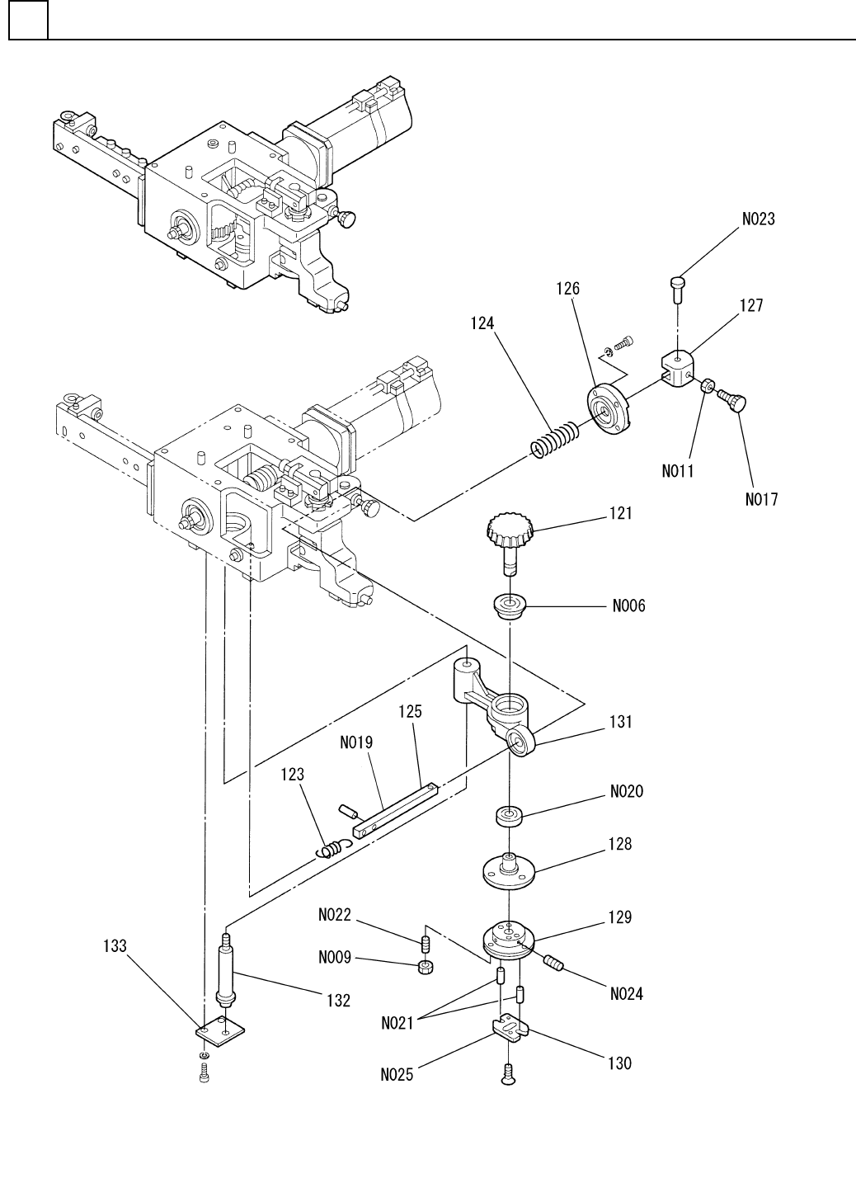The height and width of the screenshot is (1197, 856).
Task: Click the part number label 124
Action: click(482, 324)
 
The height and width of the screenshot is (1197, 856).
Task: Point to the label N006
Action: click(628, 606)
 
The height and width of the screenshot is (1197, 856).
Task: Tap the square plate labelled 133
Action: click(222, 1030)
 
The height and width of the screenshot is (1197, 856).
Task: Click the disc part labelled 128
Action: click(509, 870)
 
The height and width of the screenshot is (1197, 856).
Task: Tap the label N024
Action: click(627, 994)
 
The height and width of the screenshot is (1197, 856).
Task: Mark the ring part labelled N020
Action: click(512, 817)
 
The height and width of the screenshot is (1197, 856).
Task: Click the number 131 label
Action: click(621, 722)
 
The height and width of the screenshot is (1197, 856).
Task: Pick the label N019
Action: click(356, 742)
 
